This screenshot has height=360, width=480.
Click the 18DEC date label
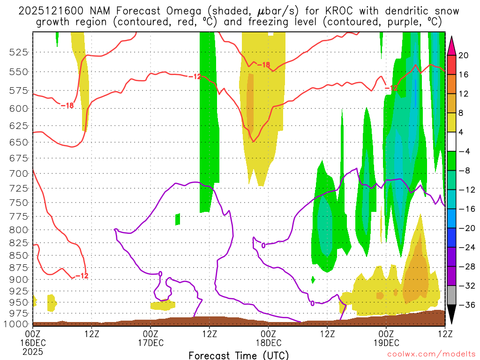tap(268, 343)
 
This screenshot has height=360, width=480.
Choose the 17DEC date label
tap(150, 343)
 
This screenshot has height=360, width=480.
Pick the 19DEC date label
tap(386, 343)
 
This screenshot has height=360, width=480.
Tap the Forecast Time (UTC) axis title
tap(239, 355)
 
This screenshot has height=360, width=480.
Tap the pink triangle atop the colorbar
tap(452, 45)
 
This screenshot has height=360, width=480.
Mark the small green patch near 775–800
tap(178, 219)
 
